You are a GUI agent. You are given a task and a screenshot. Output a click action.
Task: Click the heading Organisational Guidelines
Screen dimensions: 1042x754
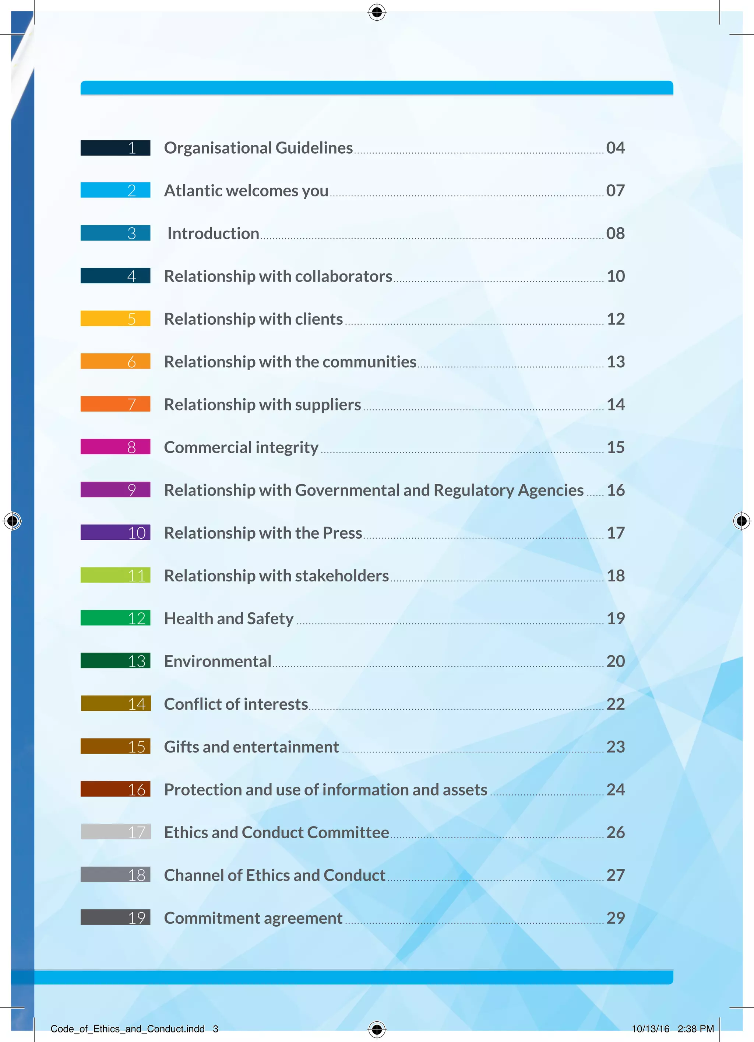[x=258, y=148]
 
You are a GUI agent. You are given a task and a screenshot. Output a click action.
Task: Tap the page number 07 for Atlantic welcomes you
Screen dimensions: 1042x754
[x=615, y=190]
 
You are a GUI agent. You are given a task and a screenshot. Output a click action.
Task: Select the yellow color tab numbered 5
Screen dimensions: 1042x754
[x=115, y=318]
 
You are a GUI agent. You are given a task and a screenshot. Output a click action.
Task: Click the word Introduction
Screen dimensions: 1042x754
[x=213, y=233]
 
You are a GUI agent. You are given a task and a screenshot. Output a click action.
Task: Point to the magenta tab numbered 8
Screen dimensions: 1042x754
[x=115, y=447]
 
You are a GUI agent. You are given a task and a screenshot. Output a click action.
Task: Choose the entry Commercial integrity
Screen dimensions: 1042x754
[x=241, y=447]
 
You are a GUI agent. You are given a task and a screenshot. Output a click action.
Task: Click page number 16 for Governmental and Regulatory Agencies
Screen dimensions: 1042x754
[x=616, y=490]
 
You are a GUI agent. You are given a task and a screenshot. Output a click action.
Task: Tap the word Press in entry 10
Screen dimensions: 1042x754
[x=342, y=533]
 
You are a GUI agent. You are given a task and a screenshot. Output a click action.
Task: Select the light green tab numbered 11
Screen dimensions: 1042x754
[x=115, y=575]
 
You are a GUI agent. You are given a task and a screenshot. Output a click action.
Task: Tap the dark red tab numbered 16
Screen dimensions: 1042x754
[x=115, y=789]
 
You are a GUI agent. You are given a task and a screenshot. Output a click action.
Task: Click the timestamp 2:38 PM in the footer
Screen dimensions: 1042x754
[x=696, y=1029]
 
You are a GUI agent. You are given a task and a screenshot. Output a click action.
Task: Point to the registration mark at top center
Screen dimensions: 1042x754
[x=377, y=13]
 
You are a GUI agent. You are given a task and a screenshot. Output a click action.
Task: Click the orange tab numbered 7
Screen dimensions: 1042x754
[x=115, y=404]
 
